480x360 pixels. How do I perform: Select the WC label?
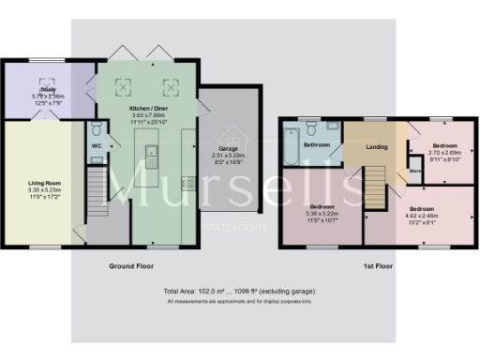pos(97,146)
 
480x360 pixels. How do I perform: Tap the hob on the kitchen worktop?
pos(187,182)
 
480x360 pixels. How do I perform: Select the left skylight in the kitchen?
pos(122,87)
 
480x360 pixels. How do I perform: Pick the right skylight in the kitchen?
pos(170,87)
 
